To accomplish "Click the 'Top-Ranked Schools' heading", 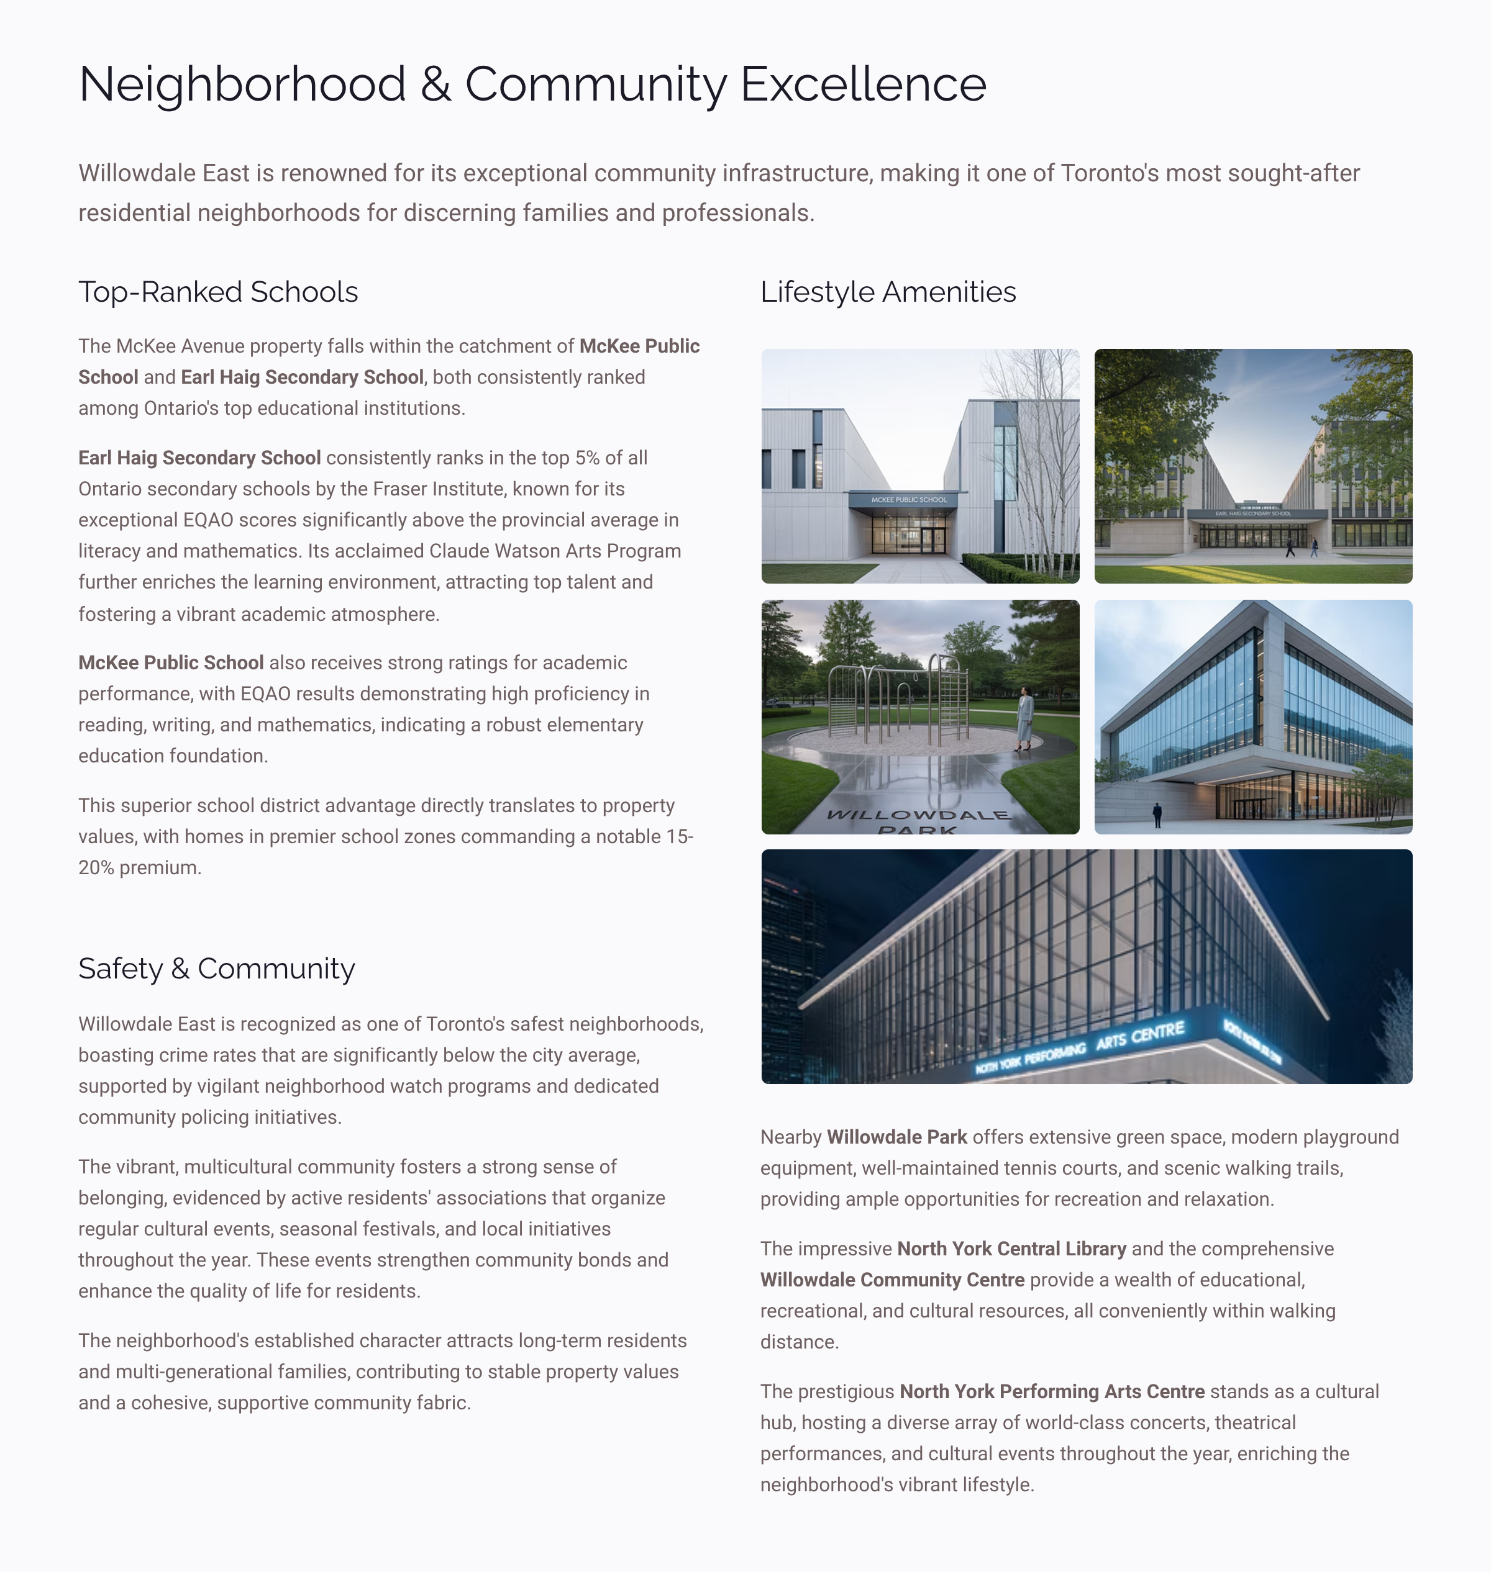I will click(218, 292).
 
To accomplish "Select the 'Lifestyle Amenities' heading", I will click(888, 292).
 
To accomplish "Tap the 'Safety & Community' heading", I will click(216, 969).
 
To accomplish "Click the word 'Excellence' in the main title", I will click(863, 84).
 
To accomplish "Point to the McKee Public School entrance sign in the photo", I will click(908, 500).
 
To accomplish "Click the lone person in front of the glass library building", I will click(1157, 814).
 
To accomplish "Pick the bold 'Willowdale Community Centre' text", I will click(891, 1280).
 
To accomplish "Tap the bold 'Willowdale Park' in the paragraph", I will click(896, 1137).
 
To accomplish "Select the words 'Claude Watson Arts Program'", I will click(555, 551).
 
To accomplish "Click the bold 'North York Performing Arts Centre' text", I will click(1052, 1392).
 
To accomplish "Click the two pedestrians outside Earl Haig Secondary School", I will click(1301, 548).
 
